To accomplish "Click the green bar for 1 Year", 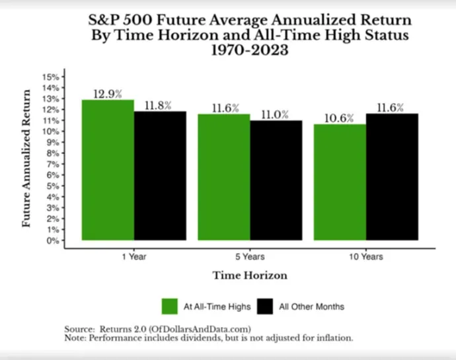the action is [x=108, y=170].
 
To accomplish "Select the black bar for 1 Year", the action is [x=160, y=176].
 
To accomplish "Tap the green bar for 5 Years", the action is [x=224, y=177].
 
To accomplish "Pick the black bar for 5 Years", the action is [x=276, y=180].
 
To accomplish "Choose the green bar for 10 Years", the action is [x=340, y=182].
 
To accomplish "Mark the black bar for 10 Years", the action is [x=392, y=177].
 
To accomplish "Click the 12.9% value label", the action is [x=108, y=94].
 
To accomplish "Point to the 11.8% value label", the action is [x=158, y=106].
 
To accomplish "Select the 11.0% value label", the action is [x=275, y=115].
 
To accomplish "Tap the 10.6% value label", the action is [x=339, y=118].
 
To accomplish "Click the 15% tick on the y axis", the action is [x=51, y=77].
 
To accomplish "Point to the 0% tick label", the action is [x=53, y=241].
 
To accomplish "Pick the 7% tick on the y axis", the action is [x=53, y=164].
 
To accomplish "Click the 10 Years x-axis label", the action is [x=366, y=257].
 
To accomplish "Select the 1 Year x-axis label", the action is [x=134, y=257].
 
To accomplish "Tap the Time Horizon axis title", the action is [x=250, y=275].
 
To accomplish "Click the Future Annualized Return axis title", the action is [x=26, y=158].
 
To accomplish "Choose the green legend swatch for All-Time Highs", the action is [x=170, y=306].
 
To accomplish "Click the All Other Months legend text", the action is [x=312, y=306].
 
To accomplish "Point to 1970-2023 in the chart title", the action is [x=250, y=50].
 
